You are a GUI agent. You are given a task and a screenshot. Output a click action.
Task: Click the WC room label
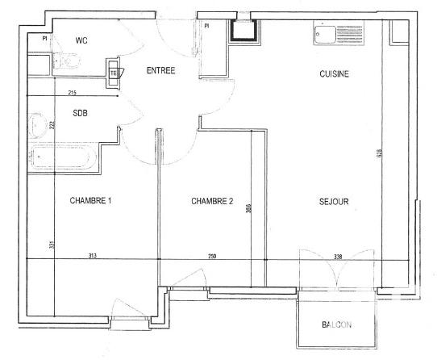coord(81,40)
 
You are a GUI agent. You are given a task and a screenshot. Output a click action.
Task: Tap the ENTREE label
coord(160,70)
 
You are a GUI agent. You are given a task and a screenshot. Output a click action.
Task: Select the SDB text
coord(81,114)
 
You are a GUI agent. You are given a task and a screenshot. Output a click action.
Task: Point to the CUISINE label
coord(334,73)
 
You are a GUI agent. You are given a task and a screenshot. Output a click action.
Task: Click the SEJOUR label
coord(333,201)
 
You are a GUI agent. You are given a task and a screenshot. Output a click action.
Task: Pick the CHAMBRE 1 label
coord(89,201)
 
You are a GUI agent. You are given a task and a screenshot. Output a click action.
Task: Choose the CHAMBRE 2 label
coord(212,201)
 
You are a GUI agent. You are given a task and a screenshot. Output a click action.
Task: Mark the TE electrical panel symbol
coord(114,73)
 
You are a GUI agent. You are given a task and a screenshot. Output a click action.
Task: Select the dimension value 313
coord(92,256)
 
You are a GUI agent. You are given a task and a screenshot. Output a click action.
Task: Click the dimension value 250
coord(211,256)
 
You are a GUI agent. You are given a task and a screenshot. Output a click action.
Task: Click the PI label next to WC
coord(45,38)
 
